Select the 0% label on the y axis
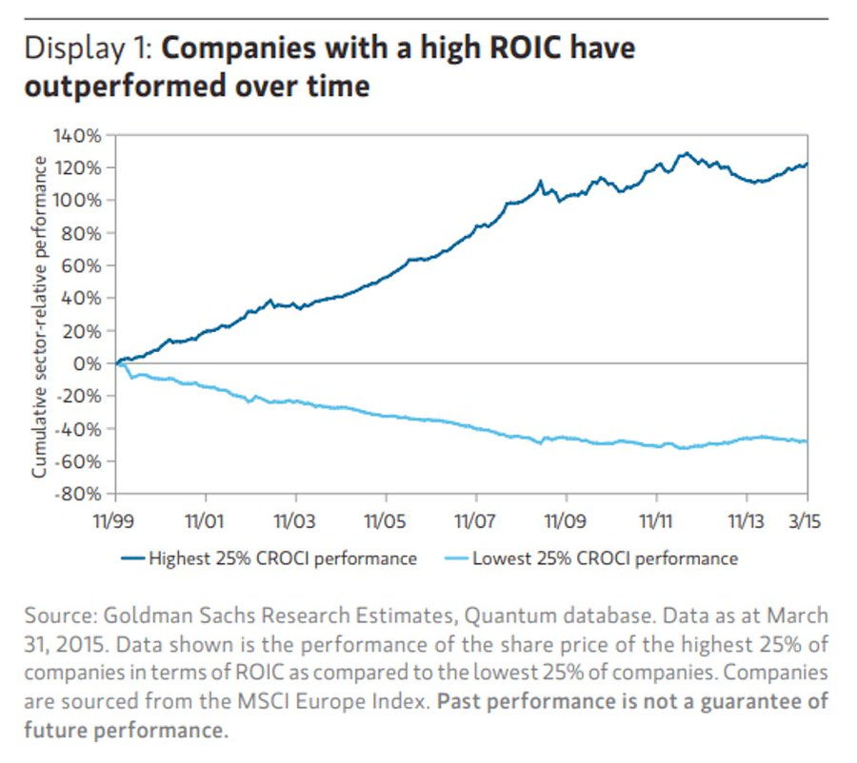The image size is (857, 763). (89, 363)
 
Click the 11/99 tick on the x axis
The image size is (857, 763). (115, 522)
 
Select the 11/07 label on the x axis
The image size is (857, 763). (476, 522)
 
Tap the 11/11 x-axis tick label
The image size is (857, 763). (656, 522)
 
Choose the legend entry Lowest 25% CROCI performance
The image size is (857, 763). (590, 558)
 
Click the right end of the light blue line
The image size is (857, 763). (807, 440)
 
